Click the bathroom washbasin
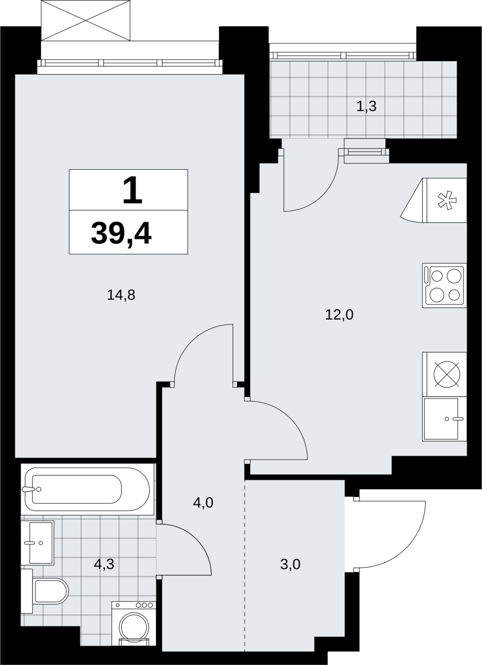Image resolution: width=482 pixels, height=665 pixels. click(x=37, y=543)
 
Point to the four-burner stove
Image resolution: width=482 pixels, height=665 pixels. click(x=445, y=285)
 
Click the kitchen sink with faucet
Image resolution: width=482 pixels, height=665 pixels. click(x=445, y=419)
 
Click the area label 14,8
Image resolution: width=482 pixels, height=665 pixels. click(x=121, y=296)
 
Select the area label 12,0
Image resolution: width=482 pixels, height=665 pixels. click(x=339, y=315)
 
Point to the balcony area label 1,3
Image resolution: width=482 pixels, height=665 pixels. click(x=366, y=106)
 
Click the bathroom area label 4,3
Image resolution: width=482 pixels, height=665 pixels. click(x=104, y=564)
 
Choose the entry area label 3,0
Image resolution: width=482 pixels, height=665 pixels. click(x=290, y=564)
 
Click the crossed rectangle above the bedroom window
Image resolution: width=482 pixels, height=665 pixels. click(x=86, y=20)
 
